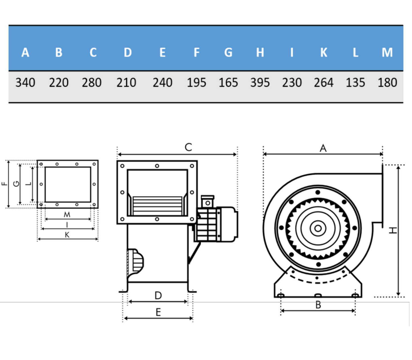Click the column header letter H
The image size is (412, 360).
tap(260, 52)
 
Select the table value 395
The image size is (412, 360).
tap(260, 83)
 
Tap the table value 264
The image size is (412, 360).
tap(323, 83)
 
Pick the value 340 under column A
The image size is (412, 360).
tap(25, 83)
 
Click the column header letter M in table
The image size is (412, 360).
tap(387, 52)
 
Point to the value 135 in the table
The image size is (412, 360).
tap(355, 83)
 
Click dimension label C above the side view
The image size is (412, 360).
tap(188, 147)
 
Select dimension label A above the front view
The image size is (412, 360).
tap(323, 148)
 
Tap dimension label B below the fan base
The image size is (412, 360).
tap(318, 305)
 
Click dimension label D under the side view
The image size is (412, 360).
tap(158, 295)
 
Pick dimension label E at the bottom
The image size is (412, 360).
tap(158, 312)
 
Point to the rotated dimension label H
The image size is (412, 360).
tap(393, 230)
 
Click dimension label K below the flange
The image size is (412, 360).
tap(67, 235)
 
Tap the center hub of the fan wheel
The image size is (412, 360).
tap(318, 228)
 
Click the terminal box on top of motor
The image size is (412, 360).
tap(208, 202)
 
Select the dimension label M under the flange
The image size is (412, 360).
tap(67, 215)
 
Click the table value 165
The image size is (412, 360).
tap(228, 83)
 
